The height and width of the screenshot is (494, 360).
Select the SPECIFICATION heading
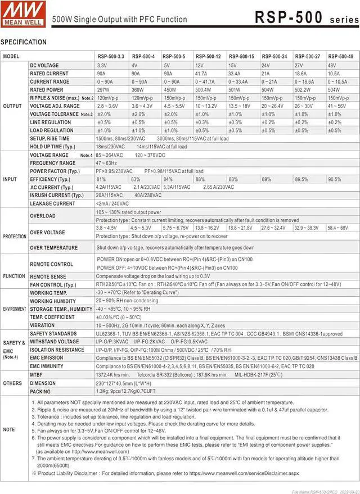24,42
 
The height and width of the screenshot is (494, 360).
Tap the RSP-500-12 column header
208,57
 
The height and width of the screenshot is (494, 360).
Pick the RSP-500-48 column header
341,57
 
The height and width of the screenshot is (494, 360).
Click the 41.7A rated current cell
201,74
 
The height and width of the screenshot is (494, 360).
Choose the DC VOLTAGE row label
44,66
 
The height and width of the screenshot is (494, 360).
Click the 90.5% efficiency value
334,179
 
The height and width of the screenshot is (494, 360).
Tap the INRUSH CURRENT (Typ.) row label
55,196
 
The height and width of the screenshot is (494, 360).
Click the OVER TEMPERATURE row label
54,248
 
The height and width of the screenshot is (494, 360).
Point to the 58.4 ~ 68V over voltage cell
337,228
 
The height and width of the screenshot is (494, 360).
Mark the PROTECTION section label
15,237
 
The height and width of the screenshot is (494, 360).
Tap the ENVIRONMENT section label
15,309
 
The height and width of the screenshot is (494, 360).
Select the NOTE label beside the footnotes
9,429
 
